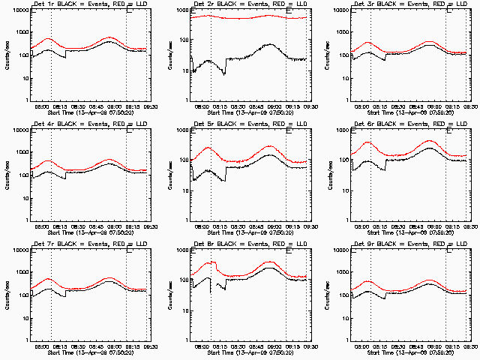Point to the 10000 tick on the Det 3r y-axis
(x=340, y=10)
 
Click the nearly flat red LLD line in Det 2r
(x=247, y=17)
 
